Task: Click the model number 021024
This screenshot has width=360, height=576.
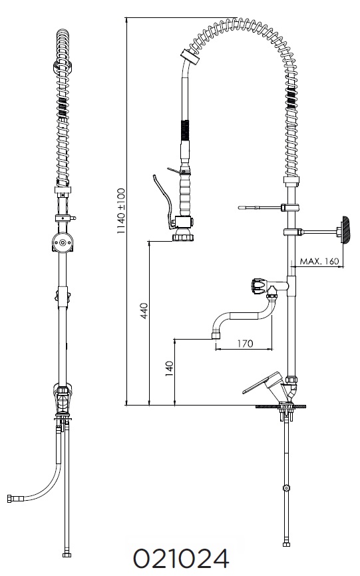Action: click(x=180, y=559)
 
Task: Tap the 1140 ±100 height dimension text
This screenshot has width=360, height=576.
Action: click(x=120, y=211)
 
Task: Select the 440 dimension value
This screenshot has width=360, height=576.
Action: click(x=144, y=310)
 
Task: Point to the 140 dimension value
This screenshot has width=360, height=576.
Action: click(x=169, y=368)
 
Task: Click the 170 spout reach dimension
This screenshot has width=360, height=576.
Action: click(x=245, y=344)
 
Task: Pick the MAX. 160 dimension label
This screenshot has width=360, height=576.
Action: click(x=319, y=261)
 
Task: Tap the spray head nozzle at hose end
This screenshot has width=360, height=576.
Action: click(x=182, y=235)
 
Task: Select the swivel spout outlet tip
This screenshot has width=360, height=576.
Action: click(x=215, y=336)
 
